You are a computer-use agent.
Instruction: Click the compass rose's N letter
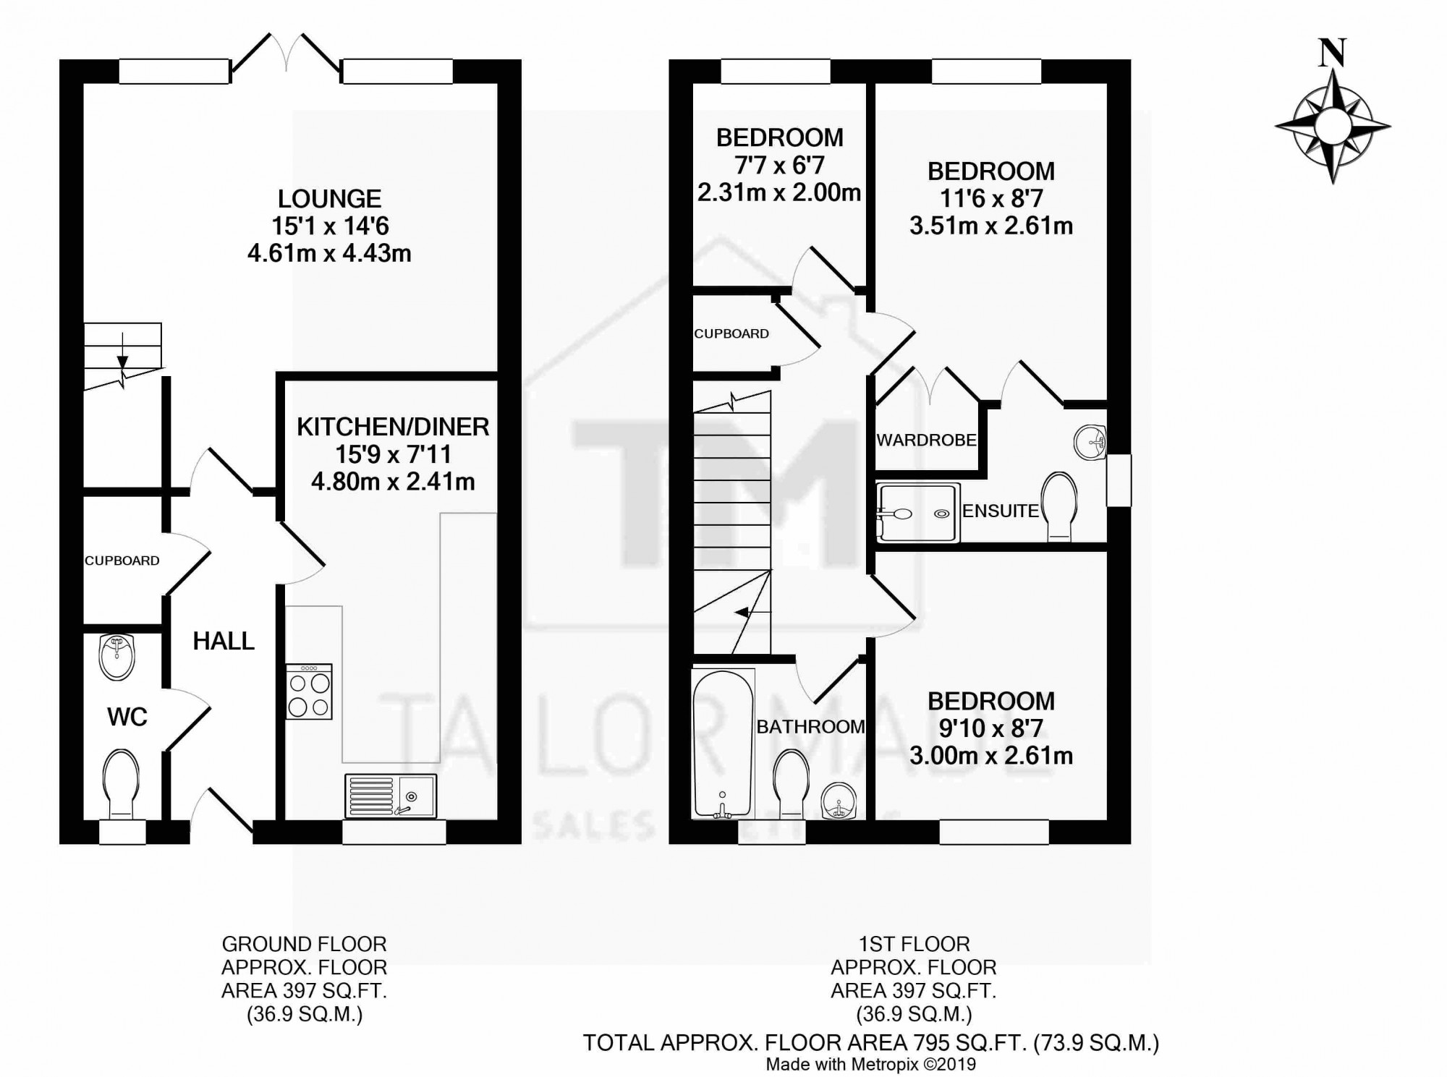pyautogui.click(x=1333, y=54)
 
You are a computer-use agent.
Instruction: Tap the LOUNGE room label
pyautogui.click(x=329, y=199)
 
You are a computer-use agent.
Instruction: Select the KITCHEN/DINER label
pyautogui.click(x=393, y=427)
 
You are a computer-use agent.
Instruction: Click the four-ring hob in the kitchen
pyautogui.click(x=310, y=691)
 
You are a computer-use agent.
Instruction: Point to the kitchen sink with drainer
pyautogui.click(x=391, y=796)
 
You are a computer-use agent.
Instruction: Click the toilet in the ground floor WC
pyautogui.click(x=121, y=784)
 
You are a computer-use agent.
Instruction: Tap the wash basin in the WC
pyautogui.click(x=117, y=657)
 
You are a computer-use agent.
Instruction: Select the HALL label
pyautogui.click(x=224, y=641)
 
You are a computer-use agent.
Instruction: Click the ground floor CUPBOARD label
pyautogui.click(x=122, y=561)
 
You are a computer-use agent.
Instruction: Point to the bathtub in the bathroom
pyautogui.click(x=723, y=744)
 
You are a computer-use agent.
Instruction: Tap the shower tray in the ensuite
pyautogui.click(x=918, y=513)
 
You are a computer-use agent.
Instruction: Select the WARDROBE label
pyautogui.click(x=926, y=440)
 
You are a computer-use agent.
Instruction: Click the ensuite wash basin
pyautogui.click(x=1090, y=442)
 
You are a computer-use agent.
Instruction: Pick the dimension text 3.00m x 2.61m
pyautogui.click(x=991, y=756)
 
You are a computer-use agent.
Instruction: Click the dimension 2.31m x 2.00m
pyautogui.click(x=779, y=192)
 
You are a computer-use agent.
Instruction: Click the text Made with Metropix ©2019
pyautogui.click(x=871, y=1064)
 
